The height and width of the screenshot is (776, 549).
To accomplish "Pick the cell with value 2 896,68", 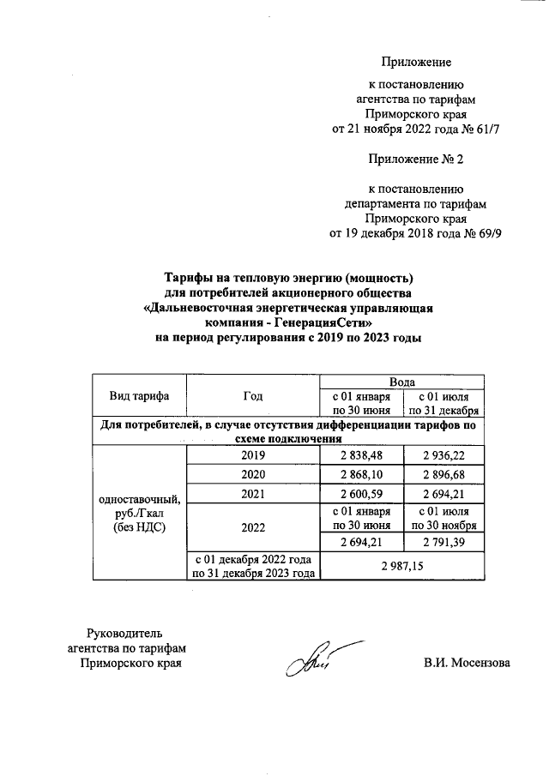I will [443, 474].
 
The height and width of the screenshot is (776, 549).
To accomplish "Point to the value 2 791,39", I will [443, 542].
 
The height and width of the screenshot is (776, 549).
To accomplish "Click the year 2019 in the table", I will [253, 454].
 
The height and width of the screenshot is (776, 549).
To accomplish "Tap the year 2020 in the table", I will [253, 474].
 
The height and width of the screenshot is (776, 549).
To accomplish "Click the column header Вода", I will [402, 381].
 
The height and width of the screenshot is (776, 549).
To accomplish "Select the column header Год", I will [253, 395].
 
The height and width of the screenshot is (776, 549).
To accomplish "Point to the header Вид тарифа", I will [139, 395].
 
